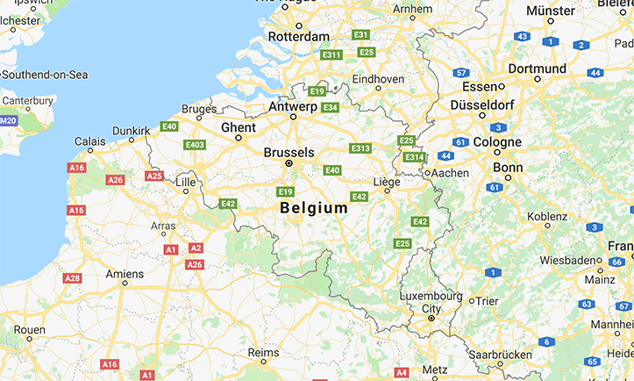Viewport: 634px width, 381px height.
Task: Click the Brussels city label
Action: (x=289, y=152)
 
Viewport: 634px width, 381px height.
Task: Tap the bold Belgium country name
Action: (x=313, y=209)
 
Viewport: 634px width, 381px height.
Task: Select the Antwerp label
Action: (x=292, y=106)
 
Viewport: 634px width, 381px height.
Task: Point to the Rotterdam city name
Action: (x=299, y=36)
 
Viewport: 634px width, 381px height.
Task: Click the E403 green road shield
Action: (x=195, y=145)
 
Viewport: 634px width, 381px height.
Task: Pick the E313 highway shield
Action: (x=360, y=148)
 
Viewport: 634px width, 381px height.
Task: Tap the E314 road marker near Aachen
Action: (x=414, y=157)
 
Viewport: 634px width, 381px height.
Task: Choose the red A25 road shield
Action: (x=154, y=176)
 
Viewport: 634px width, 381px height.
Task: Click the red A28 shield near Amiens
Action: (x=72, y=278)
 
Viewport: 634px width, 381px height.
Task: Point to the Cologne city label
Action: (x=497, y=142)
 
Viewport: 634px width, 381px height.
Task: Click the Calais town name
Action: (x=89, y=140)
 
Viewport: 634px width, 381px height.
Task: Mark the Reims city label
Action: (x=263, y=352)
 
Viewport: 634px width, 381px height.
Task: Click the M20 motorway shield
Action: (x=8, y=120)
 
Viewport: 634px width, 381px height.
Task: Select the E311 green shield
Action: (x=331, y=54)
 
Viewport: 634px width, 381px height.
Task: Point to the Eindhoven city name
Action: (x=378, y=78)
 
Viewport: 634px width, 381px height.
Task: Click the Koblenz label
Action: (x=547, y=216)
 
